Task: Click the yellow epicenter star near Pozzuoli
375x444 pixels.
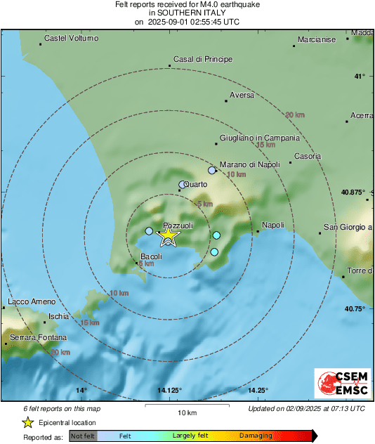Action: click(168, 237)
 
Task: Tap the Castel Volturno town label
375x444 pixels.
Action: click(71, 38)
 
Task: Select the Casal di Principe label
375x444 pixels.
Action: click(202, 59)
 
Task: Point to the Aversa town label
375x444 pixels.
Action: click(242, 95)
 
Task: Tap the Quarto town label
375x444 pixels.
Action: click(195, 185)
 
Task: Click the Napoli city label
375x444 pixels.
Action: click(272, 226)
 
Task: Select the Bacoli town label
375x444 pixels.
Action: click(152, 256)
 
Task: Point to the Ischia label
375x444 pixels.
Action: click(59, 316)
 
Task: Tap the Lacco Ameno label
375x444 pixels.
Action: click(31, 302)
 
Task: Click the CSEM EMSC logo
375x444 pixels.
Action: click(340, 384)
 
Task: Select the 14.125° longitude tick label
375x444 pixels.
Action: click(169, 391)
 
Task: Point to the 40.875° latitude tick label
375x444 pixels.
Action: click(352, 192)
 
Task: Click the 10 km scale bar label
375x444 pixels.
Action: click(186, 412)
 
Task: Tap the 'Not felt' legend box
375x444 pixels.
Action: click(83, 436)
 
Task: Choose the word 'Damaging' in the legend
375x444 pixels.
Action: click(255, 436)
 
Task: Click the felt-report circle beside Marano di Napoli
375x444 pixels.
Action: click(212, 170)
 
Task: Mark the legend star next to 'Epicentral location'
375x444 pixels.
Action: click(27, 422)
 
